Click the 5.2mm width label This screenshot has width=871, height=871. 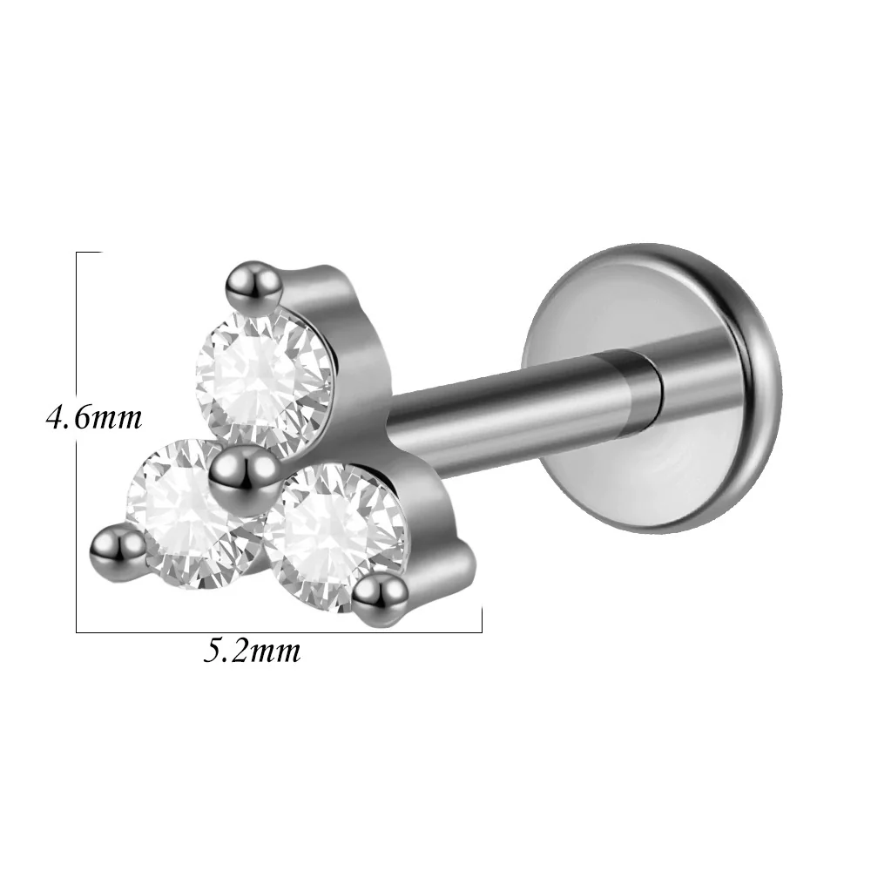tap(252, 651)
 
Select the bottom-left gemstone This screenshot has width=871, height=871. tap(189, 515)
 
